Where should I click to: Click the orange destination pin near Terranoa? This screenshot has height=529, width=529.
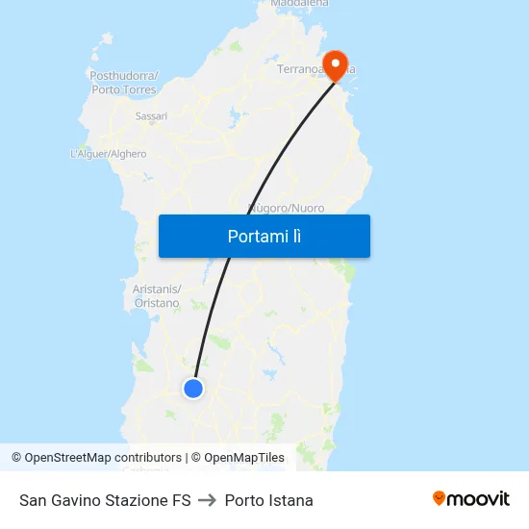tap(335, 65)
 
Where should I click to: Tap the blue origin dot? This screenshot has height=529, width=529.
tap(193, 389)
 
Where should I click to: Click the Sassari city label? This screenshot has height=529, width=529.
tap(151, 116)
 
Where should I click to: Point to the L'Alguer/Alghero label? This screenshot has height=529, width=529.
tap(109, 154)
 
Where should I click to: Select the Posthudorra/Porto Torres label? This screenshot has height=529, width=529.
tap(124, 83)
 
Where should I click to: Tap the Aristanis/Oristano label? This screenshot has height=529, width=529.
tap(156, 296)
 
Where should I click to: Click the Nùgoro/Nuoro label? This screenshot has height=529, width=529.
tap(287, 208)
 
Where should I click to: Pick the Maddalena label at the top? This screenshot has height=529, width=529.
tap(299, 4)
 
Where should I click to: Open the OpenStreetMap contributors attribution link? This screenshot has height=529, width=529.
tap(103, 458)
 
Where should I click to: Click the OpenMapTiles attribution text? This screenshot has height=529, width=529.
tap(243, 458)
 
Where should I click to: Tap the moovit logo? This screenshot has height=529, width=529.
tap(471, 498)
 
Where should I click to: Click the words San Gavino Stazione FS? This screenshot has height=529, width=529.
tap(105, 500)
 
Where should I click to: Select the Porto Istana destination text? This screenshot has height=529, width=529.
tap(268, 500)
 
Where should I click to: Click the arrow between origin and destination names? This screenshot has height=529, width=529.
tap(208, 500)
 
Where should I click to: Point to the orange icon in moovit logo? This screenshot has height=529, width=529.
tap(440, 498)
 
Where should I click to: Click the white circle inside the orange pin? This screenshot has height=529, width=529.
tap(335, 63)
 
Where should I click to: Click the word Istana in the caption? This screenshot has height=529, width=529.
tap(290, 500)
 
